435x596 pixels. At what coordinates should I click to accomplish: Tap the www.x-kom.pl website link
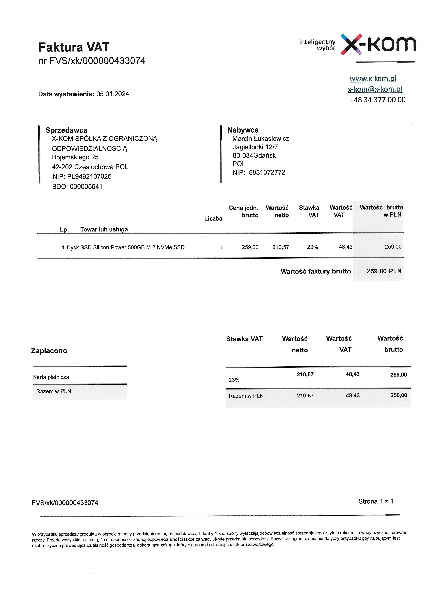pyautogui.click(x=373, y=78)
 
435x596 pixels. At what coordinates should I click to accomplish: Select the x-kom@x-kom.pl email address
pyautogui.click(x=375, y=89)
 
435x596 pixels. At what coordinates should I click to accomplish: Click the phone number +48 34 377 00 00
pyautogui.click(x=377, y=100)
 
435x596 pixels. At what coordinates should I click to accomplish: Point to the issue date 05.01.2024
pyautogui.click(x=113, y=94)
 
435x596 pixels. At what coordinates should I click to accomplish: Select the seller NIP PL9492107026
pyautogui.click(x=89, y=176)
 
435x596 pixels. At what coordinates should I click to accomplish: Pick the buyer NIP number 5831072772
pyautogui.click(x=267, y=172)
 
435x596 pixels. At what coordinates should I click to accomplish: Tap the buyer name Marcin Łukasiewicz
pyautogui.click(x=260, y=139)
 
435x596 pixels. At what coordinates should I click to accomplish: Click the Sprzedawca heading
pyautogui.click(x=66, y=130)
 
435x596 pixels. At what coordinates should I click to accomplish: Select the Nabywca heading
pyautogui.click(x=243, y=130)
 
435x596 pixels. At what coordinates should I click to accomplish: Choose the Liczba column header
pyautogui.click(x=213, y=219)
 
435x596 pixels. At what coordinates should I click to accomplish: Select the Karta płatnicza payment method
pyautogui.click(x=51, y=377)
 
